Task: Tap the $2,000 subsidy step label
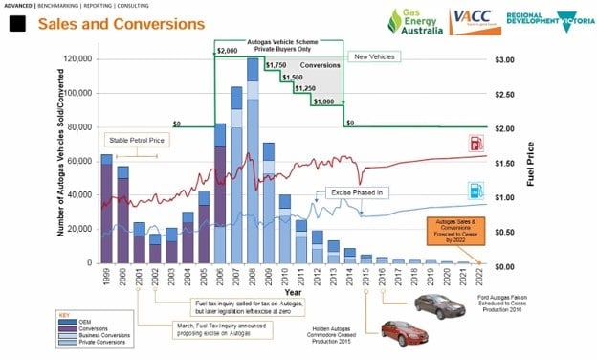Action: pyautogui.click(x=228, y=51)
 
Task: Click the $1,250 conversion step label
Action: pyautogui.click(x=304, y=88)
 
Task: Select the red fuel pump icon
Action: pyautogui.click(x=475, y=143)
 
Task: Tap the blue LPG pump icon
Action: pyautogui.click(x=475, y=190)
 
